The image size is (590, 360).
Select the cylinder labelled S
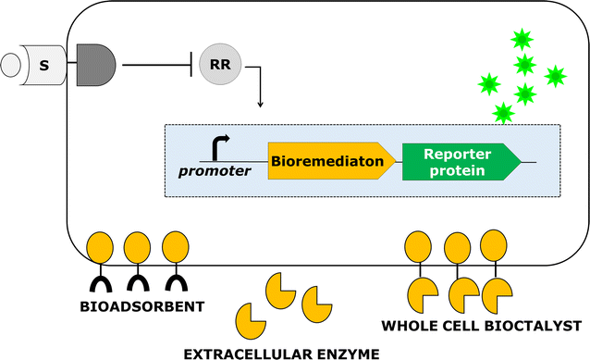[x=44, y=67]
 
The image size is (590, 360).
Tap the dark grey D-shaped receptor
[x=96, y=66]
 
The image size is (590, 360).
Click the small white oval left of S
[x=13, y=67]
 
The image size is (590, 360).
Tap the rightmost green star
[x=555, y=76]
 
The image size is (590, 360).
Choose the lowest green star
[x=503, y=113]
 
